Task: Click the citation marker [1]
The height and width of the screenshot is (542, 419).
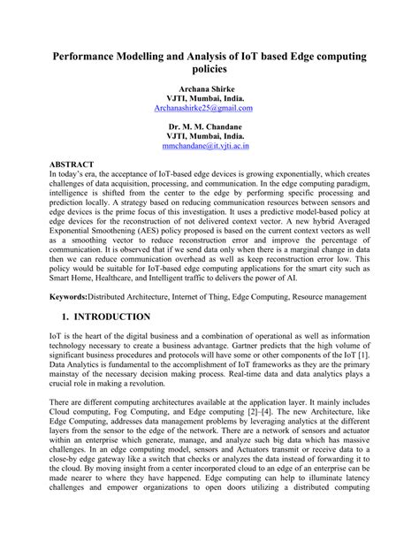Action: point(363,356)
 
